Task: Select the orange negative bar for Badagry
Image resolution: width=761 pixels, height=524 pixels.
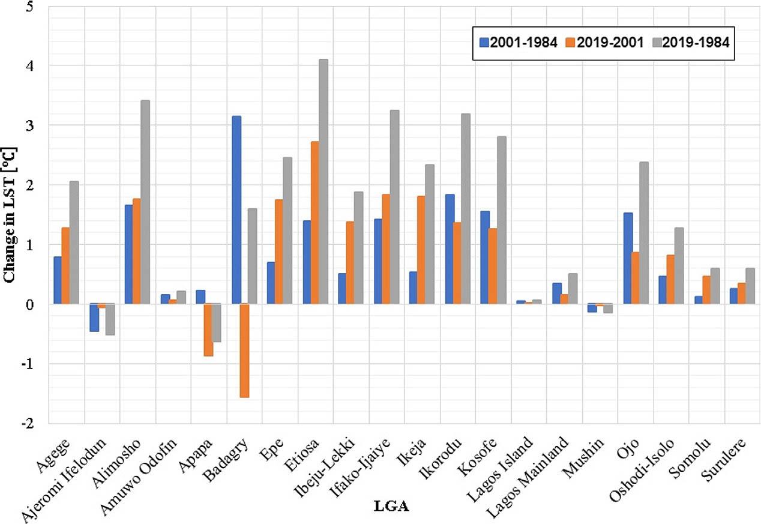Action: coord(244,351)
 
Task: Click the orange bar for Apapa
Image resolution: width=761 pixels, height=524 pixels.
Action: coord(208,330)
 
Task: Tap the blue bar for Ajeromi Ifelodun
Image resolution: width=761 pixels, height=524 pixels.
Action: coord(94,318)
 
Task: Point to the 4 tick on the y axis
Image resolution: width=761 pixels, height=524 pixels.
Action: coord(37,66)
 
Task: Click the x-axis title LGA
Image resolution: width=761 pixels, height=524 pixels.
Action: coord(391,507)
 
